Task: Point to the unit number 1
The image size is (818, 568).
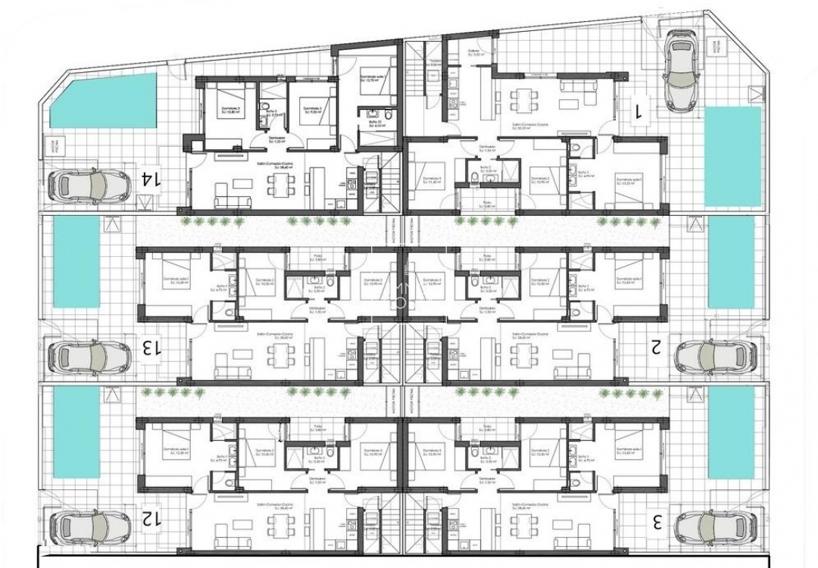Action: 638,111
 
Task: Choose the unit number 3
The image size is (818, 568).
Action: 658,522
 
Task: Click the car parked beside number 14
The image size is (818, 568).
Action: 89,184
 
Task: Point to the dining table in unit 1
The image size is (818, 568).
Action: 523,98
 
